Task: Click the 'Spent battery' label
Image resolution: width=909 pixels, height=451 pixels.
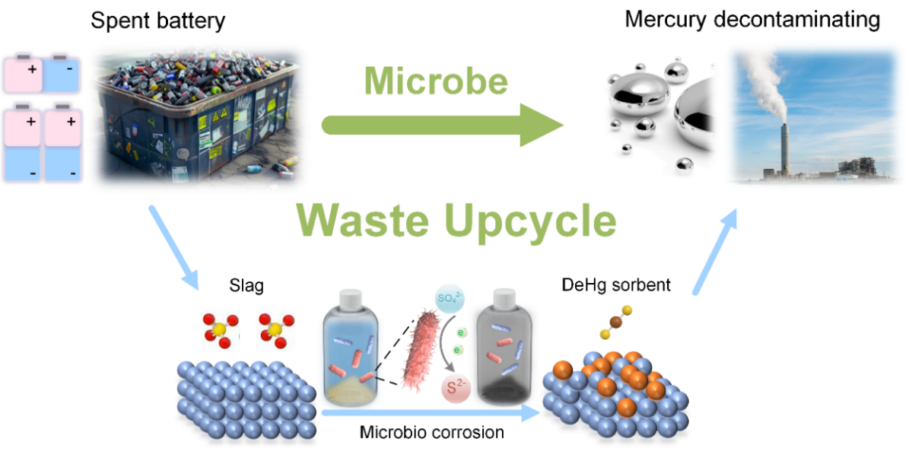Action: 157,20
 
